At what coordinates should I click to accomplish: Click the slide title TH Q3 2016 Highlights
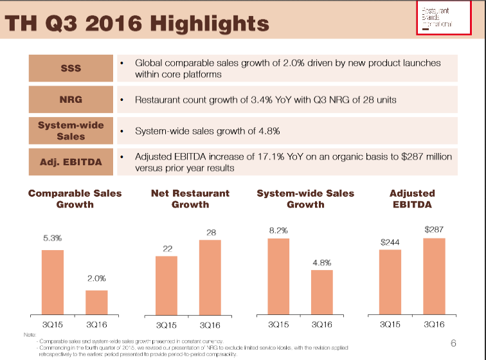[137, 24]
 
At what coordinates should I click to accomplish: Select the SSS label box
[71, 67]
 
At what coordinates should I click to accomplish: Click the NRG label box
[71, 100]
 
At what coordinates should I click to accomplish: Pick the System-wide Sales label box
[71, 130]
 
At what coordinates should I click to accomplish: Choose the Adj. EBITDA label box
[71, 161]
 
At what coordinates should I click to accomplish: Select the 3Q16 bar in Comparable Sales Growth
[96, 301]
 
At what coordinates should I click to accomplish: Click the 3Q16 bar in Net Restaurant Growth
[210, 276]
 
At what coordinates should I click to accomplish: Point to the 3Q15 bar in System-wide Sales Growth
[278, 276]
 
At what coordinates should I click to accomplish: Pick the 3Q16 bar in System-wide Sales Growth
[322, 292]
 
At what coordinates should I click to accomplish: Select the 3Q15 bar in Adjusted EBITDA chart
[390, 282]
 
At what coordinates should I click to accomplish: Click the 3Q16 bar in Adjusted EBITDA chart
[434, 276]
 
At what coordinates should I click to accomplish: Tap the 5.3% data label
[53, 238]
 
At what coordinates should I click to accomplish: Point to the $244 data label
[390, 242]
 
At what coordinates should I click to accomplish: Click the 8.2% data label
[278, 229]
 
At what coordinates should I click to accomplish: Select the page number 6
[453, 343]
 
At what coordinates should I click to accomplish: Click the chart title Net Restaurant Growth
[190, 199]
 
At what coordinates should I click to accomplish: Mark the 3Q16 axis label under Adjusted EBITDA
[434, 325]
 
